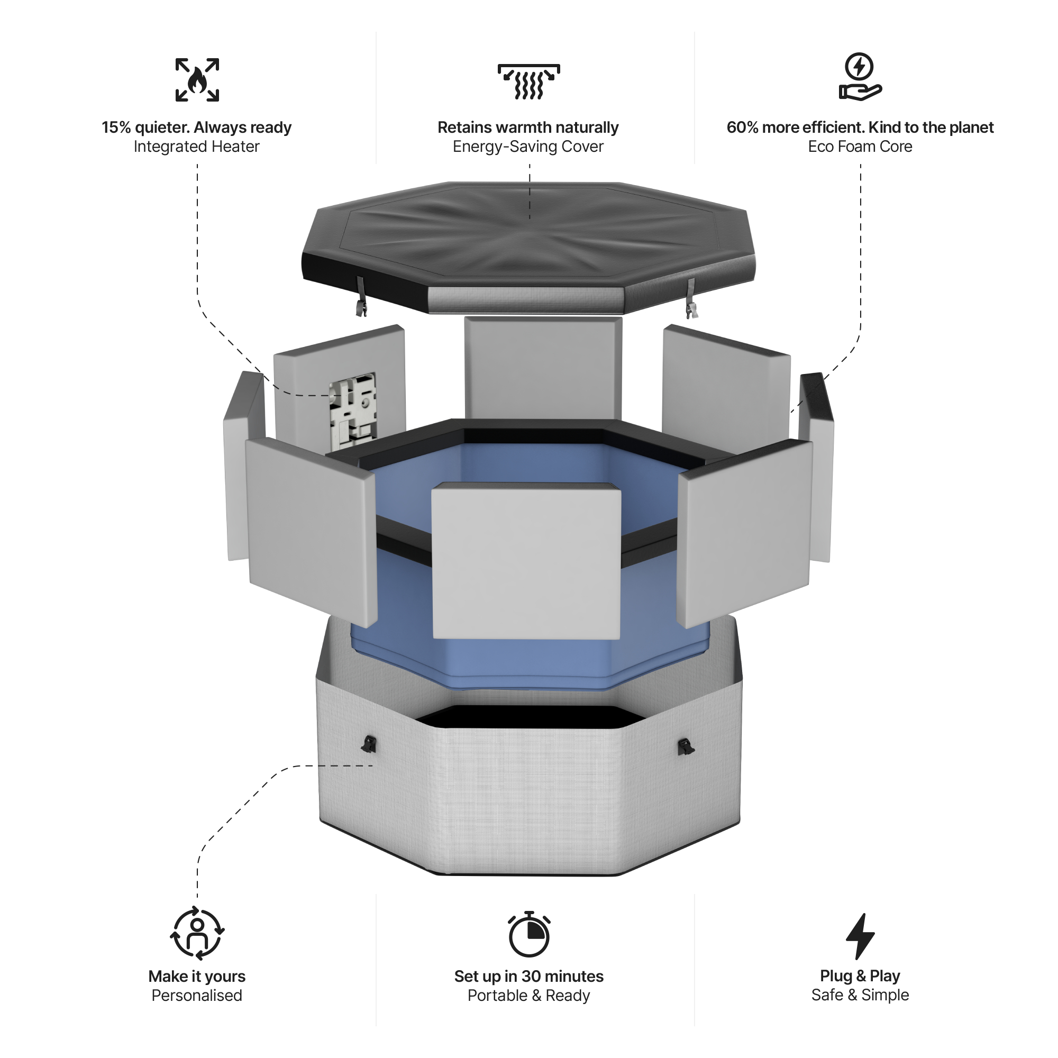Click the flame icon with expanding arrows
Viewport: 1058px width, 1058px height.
197,80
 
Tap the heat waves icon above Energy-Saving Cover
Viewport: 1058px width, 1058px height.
528,81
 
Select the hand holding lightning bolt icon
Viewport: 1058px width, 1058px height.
860,77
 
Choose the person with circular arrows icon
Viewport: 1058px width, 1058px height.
197,935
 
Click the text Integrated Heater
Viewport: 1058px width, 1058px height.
197,147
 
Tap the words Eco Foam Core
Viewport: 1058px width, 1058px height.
860,147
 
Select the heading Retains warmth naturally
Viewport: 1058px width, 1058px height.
528,127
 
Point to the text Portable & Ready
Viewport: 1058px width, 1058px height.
528,996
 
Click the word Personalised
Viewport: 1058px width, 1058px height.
197,996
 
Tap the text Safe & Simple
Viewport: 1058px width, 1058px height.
860,995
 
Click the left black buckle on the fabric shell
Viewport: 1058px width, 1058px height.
369,744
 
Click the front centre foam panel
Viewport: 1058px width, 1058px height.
526,561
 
